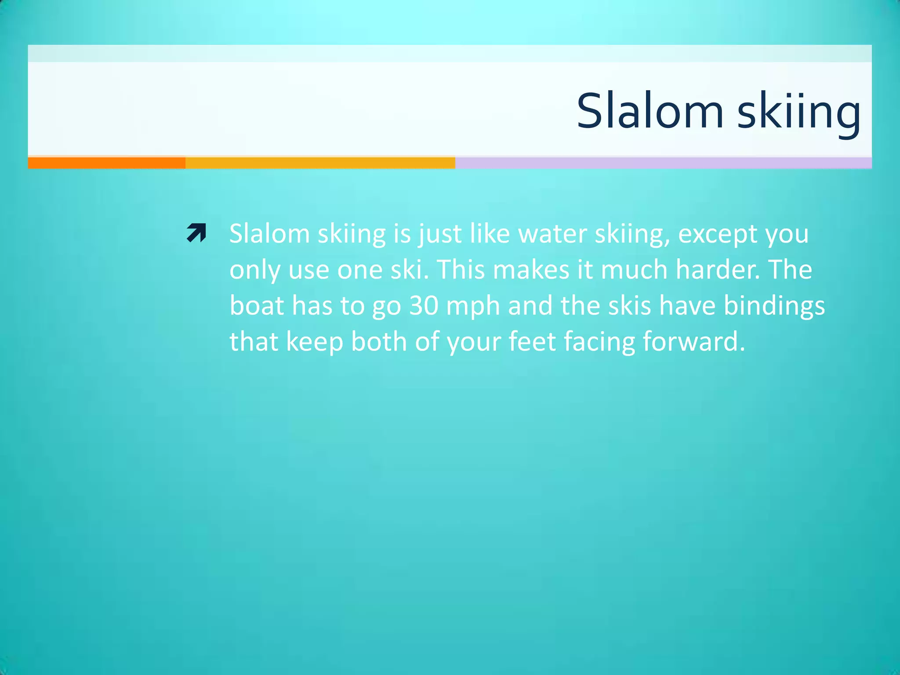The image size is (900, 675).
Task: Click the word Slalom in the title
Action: tap(650, 112)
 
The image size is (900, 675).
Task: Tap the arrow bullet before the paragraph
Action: tap(196, 233)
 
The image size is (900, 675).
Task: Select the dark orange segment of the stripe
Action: tap(106, 163)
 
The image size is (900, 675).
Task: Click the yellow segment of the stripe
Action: tap(320, 163)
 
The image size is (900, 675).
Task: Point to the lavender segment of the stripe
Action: tap(663, 163)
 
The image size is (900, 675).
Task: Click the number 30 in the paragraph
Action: tap(424, 305)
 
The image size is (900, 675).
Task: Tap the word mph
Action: tap(473, 305)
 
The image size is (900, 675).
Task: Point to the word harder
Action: tap(718, 269)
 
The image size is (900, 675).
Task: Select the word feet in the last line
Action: tap(532, 341)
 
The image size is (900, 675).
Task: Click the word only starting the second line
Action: tap(255, 270)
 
